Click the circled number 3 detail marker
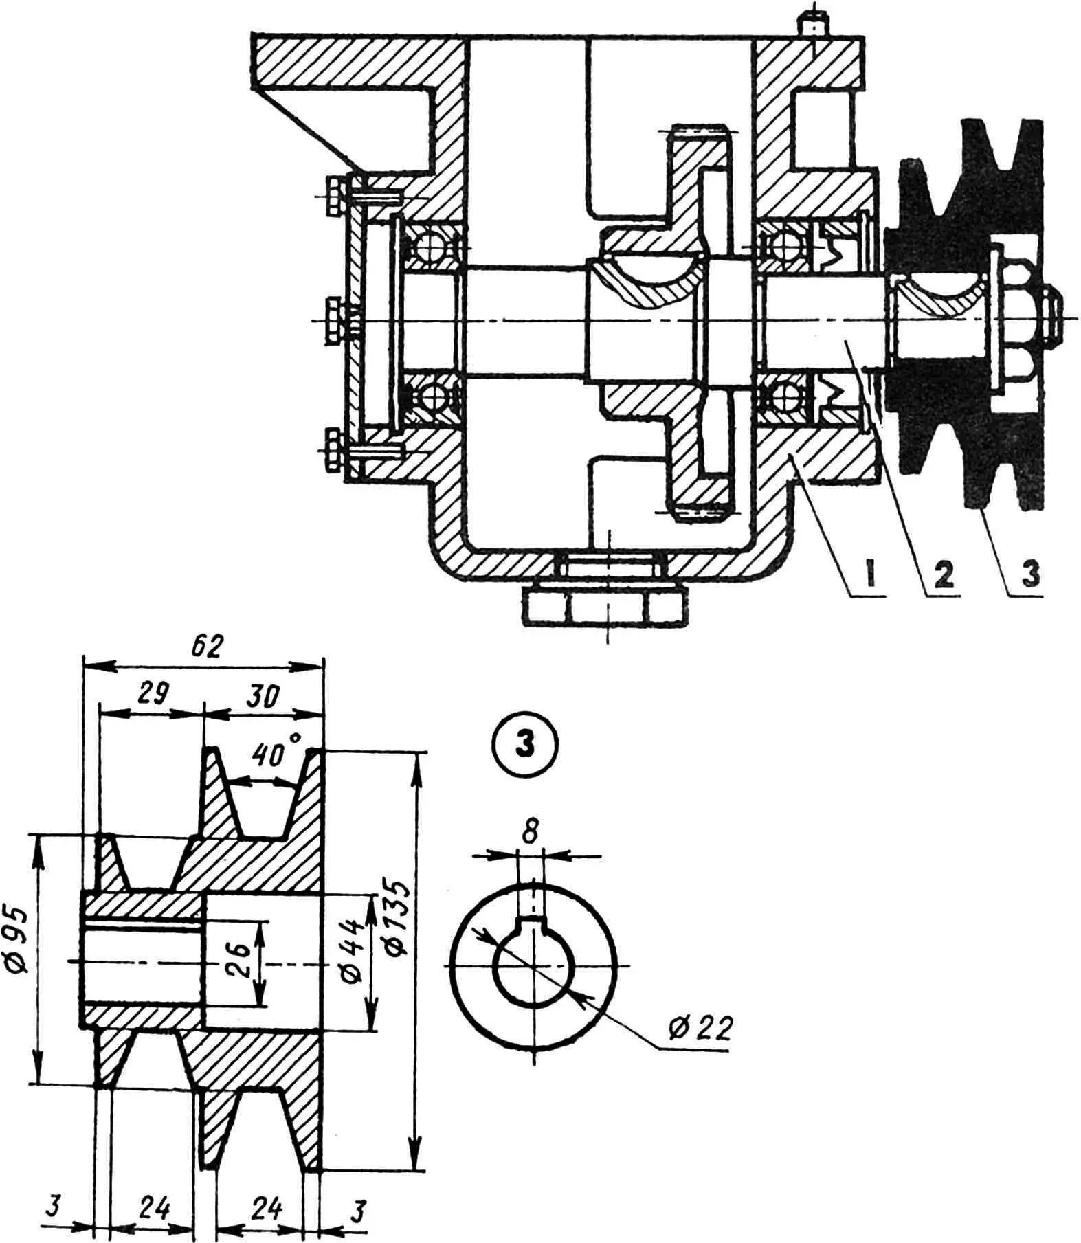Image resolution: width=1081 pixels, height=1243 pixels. [526, 745]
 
